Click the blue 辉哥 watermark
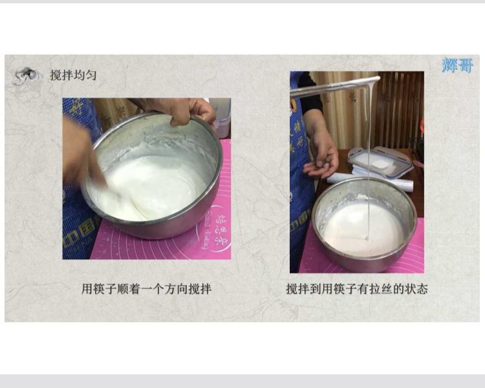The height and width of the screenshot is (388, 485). [458, 65]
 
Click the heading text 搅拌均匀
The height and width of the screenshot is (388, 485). [74, 75]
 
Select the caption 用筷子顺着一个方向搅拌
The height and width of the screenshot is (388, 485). [146, 288]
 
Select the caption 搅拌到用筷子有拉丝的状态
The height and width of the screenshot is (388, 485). [357, 288]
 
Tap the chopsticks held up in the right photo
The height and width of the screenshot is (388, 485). [333, 87]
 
